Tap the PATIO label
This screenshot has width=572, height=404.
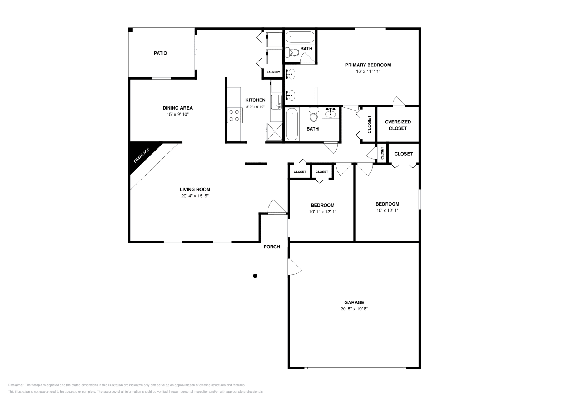[x=161, y=53]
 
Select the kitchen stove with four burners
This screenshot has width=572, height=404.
[x=234, y=115]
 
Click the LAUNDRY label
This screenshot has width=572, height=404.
[x=273, y=72]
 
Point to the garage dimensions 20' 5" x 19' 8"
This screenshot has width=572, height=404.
[x=354, y=309]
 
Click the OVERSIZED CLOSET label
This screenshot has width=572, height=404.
[x=398, y=125]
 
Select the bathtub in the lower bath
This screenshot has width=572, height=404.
[x=292, y=125]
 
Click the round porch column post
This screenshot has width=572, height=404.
[x=255, y=276]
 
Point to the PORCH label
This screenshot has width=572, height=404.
[x=272, y=247]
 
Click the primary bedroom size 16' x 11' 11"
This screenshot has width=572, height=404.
[x=368, y=71]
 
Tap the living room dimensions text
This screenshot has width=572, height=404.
[x=195, y=196]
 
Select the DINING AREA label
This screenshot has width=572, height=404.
[x=178, y=108]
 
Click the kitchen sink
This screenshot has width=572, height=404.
[x=276, y=102]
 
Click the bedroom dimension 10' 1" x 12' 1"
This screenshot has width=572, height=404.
[x=322, y=212]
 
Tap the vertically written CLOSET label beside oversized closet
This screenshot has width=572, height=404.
[x=369, y=124]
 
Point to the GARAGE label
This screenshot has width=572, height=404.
[x=354, y=302]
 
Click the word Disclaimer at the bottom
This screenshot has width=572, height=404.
[x=15, y=385]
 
